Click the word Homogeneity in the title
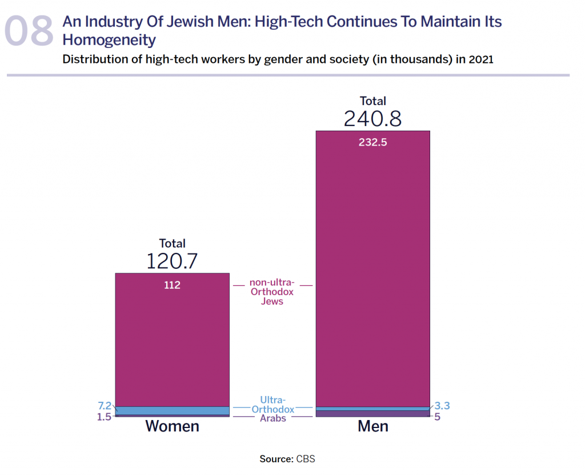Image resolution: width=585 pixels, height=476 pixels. point(109,40)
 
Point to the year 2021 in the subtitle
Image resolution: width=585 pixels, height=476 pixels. point(480,59)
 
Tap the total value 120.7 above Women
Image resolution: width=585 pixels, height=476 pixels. point(172,261)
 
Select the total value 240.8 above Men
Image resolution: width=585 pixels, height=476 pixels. point(372,119)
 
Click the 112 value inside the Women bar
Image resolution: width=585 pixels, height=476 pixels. point(172,285)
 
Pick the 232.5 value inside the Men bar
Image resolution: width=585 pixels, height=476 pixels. point(372,143)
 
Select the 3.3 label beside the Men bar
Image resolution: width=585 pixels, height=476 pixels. point(442,406)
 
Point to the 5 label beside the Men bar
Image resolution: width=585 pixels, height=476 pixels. point(437,417)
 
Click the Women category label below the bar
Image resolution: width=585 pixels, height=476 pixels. point(172,426)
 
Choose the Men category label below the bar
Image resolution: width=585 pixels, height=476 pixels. point(372,426)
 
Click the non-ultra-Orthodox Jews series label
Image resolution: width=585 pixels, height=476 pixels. point(273,292)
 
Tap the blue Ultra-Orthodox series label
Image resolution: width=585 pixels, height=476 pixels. point(273,405)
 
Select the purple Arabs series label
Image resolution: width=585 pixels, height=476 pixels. point(273,418)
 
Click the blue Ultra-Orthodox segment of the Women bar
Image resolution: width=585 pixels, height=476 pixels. point(172,410)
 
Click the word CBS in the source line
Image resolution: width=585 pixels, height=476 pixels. point(305,459)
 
